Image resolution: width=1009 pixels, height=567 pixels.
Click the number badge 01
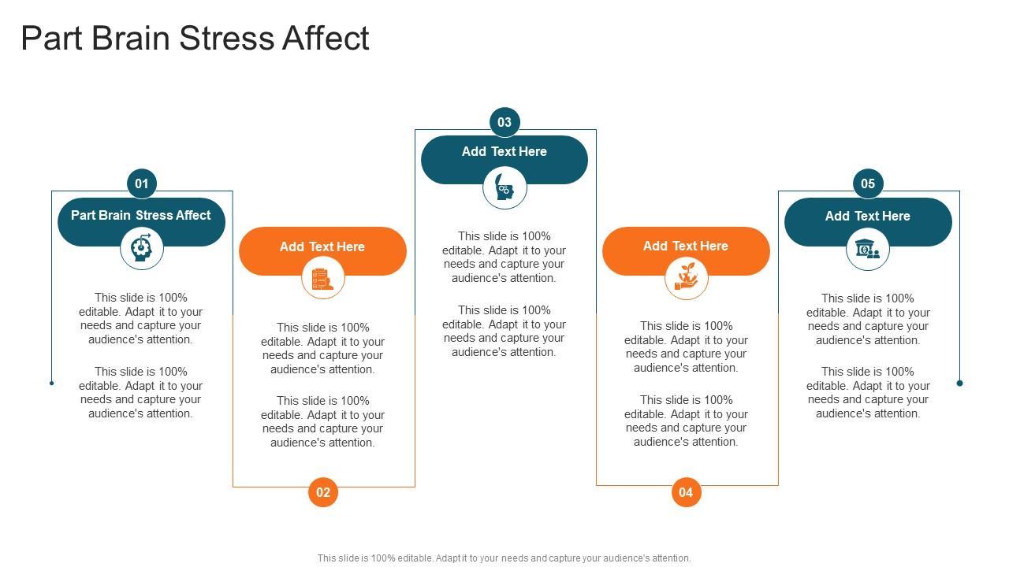pos(142,184)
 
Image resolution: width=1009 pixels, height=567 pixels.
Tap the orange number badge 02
pos(323,492)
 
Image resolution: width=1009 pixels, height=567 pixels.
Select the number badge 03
pos(504,122)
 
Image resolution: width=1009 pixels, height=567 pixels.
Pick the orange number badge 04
pos(686,492)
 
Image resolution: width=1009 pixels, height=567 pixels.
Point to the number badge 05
pos(868,184)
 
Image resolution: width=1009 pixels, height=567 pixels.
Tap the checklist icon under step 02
pos(323,279)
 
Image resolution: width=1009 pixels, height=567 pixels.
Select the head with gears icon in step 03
pos(504,189)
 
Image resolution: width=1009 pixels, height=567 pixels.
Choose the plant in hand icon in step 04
pos(686,278)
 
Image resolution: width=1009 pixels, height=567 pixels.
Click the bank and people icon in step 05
pos(868,250)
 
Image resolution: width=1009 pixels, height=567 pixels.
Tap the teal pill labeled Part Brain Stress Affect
pos(141,216)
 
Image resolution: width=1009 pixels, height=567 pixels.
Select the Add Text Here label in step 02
pos(322,247)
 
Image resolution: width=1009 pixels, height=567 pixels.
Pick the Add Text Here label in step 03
pos(504,152)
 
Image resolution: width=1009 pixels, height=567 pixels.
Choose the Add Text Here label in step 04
pos(686,246)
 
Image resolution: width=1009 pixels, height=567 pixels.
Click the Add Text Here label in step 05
pos(868,217)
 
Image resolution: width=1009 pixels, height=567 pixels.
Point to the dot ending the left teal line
pos(52,384)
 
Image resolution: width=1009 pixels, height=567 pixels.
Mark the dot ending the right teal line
pos(959,384)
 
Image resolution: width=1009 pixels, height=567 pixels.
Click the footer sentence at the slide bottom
pos(504,558)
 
